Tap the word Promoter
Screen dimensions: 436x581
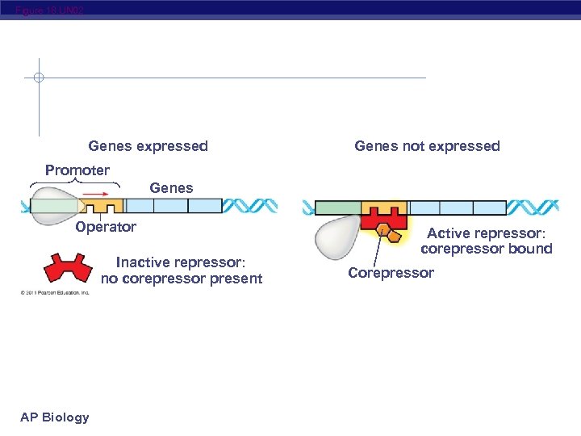pyautogui.click(x=77, y=170)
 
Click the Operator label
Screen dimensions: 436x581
pyautogui.click(x=106, y=227)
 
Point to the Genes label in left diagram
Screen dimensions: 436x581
pyautogui.click(x=171, y=188)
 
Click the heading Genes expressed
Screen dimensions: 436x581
pyautogui.click(x=148, y=146)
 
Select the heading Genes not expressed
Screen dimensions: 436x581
pyautogui.click(x=427, y=146)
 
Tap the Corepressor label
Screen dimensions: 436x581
pyautogui.click(x=391, y=273)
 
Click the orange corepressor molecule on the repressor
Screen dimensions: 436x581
pyautogui.click(x=390, y=234)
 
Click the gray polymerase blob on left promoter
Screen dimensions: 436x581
pyautogui.click(x=53, y=205)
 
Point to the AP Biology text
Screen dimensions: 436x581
pyautogui.click(x=55, y=417)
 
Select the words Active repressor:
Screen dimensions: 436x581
pyautogui.click(x=486, y=233)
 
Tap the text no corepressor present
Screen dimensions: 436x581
pyautogui.click(x=182, y=279)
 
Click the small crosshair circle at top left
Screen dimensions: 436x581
pyautogui.click(x=39, y=78)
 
